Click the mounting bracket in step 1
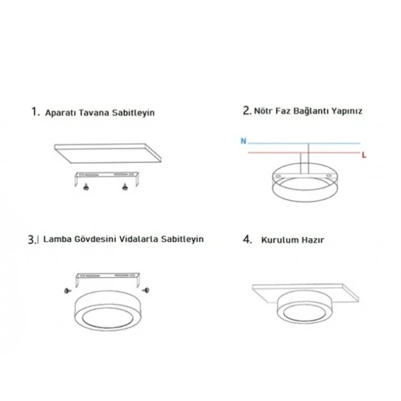click(x=107, y=176)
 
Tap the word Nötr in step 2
click(x=264, y=111)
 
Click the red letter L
click(x=364, y=155)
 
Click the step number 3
click(x=32, y=239)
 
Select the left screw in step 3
click(x=68, y=291)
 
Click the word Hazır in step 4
click(x=311, y=240)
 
